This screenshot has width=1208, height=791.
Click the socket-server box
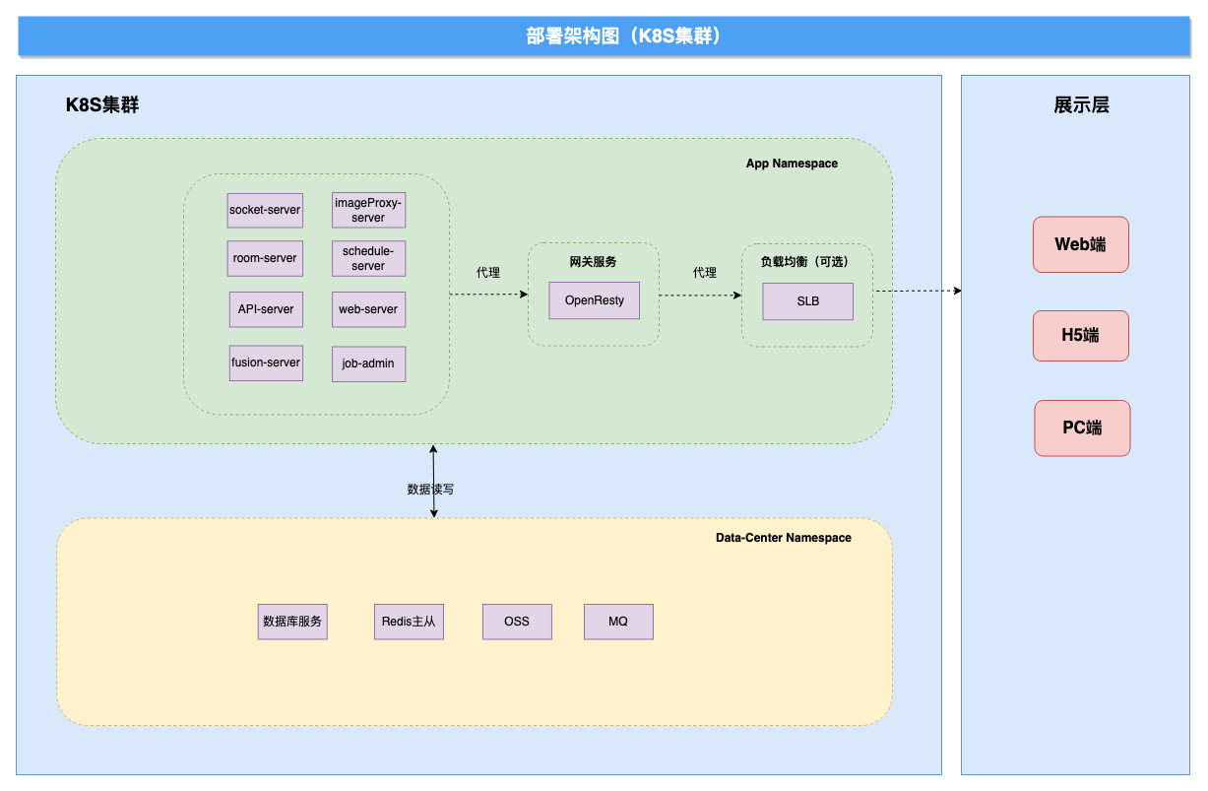point(265,211)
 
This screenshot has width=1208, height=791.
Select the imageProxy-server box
point(369,210)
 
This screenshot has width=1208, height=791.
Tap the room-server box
point(265,258)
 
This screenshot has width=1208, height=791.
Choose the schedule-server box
point(369,258)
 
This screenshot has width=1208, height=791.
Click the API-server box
point(266,309)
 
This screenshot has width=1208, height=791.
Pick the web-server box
point(369,309)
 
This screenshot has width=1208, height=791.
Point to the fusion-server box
point(266,363)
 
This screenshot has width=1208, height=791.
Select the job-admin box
point(369,364)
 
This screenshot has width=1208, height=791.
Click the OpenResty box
point(595,300)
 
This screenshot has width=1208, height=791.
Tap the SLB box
point(808,301)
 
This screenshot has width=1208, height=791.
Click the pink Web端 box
point(1081,244)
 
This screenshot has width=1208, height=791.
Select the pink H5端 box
point(1081,336)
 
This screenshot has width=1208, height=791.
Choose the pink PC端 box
point(1082,428)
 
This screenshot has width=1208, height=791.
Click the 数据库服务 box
point(292,622)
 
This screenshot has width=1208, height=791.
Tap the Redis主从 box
point(409,622)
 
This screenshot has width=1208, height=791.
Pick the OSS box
point(517,622)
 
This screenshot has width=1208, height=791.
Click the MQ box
point(618,622)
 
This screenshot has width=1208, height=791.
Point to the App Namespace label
point(792,164)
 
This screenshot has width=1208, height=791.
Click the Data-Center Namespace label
point(783,538)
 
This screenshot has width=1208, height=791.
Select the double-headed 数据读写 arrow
point(433,482)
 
